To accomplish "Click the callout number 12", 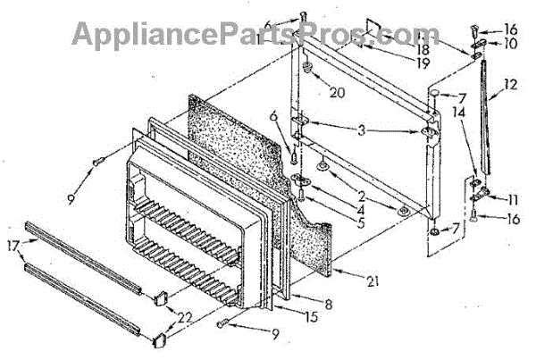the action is (x=510, y=88).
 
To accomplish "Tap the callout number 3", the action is (x=362, y=130).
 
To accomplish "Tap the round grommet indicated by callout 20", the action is (x=307, y=66).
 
